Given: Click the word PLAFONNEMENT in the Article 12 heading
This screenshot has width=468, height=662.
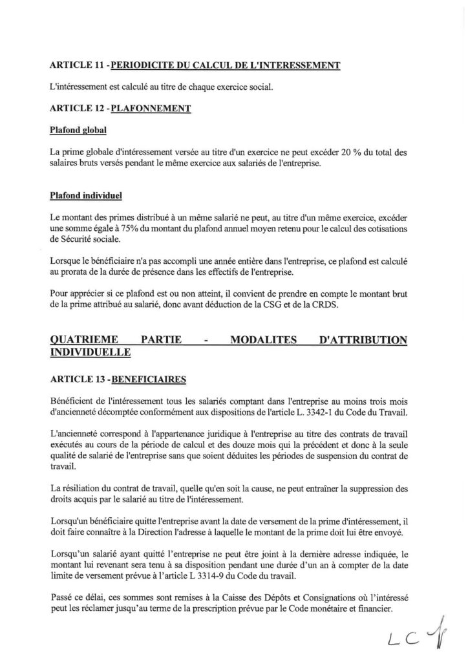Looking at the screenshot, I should point(151,109).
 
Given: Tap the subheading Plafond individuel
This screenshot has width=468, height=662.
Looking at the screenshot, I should point(86,194).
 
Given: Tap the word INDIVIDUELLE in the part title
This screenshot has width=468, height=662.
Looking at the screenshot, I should point(90,352).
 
